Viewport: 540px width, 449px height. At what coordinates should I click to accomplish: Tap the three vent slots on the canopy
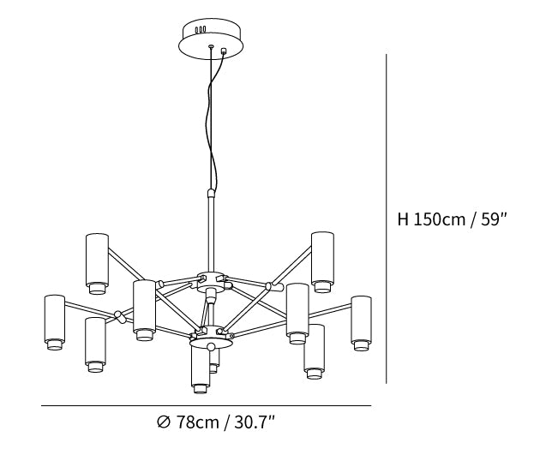[x=200, y=30]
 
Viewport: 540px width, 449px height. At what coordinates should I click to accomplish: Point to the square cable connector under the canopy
[x=225, y=51]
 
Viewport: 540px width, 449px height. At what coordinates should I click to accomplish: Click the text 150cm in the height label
[x=439, y=219]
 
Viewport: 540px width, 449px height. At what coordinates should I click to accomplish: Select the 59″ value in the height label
[x=494, y=219]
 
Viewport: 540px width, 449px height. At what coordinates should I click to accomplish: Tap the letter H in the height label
[x=403, y=219]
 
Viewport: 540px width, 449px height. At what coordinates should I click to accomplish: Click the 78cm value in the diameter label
[x=198, y=422]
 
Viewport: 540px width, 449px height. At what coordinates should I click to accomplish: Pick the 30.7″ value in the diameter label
[x=255, y=422]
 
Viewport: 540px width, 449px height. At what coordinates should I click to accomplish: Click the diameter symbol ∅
[x=164, y=422]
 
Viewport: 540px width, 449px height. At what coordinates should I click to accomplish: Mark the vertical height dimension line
[x=387, y=219]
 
